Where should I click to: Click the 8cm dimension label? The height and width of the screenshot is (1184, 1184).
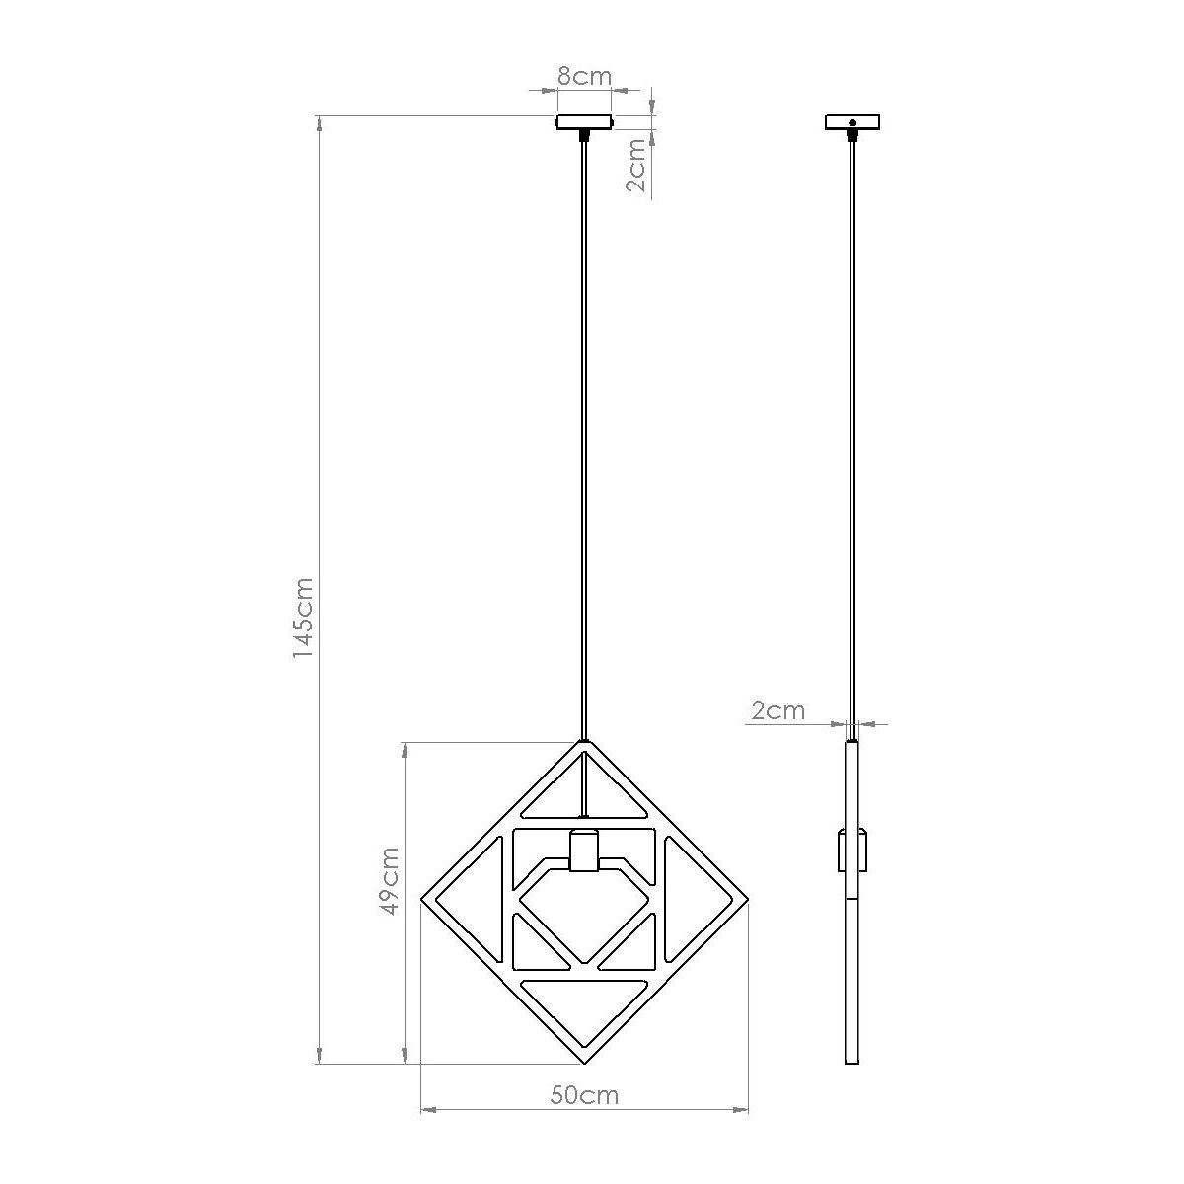coord(584,77)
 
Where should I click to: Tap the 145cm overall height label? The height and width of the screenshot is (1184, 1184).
coord(304,618)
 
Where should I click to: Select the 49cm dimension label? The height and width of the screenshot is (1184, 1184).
coord(390,880)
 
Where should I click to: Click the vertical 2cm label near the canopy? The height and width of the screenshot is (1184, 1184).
coord(636,166)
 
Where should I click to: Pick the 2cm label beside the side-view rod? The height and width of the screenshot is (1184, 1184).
coord(777,710)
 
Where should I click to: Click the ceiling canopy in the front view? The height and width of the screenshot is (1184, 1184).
coord(584,122)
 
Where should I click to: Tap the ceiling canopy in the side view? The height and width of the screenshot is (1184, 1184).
coord(851,122)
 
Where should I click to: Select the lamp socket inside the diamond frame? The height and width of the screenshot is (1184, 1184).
coord(584,851)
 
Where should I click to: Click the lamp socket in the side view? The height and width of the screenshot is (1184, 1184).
coord(852,851)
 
